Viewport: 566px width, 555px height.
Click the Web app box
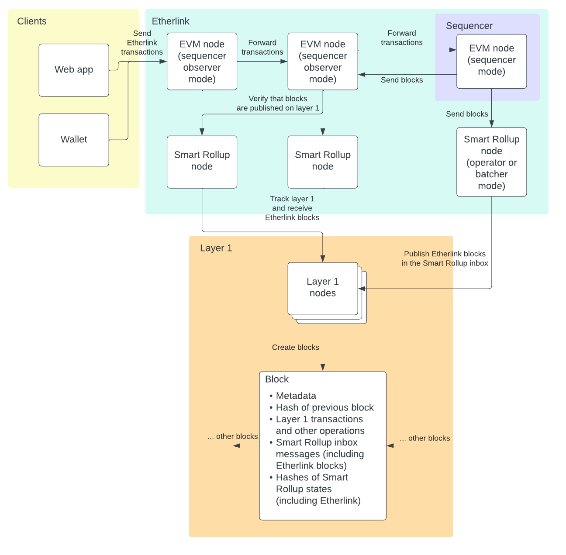[74, 70]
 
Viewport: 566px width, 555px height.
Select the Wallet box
[74, 140]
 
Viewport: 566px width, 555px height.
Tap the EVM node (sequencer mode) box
[491, 61]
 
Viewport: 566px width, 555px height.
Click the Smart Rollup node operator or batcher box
[491, 162]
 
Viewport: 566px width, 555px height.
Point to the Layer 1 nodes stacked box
[323, 288]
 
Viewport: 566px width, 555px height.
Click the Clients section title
[31, 21]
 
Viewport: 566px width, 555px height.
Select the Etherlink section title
[170, 21]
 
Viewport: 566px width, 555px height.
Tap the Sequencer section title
[469, 26]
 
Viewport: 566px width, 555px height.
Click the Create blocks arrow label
[295, 347]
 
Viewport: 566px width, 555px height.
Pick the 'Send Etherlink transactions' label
[142, 43]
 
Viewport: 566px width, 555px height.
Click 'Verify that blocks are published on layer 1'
[278, 103]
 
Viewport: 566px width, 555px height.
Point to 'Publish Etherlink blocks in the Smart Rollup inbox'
[445, 259]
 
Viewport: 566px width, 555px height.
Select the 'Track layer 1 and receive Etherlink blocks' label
[292, 208]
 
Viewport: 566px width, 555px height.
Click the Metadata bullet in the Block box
[296, 396]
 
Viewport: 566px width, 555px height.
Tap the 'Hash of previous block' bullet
[324, 407]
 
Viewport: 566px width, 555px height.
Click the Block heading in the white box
[277, 379]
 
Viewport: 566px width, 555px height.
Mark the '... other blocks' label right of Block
[424, 438]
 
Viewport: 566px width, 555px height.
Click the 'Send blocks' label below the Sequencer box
[466, 114]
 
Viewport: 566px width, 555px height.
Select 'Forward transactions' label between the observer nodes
[262, 47]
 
